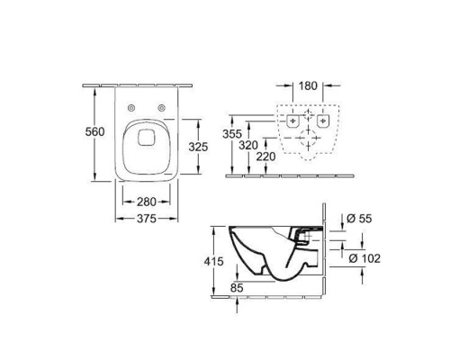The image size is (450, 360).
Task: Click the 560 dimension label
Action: coord(94,131)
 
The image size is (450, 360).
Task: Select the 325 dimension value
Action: coord(198,147)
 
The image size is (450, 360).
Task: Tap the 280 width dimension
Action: coord(147,202)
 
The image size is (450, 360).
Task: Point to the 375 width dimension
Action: coord(147,219)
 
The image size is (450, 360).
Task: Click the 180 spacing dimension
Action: coord(308,86)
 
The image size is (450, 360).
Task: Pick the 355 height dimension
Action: coord(232,134)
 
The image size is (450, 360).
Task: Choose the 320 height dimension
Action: coord(248,145)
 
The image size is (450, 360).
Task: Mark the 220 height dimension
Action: coord(265,157)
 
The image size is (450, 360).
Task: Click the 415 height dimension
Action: coord(214,262)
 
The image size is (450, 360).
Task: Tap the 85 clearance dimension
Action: coord(237,288)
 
